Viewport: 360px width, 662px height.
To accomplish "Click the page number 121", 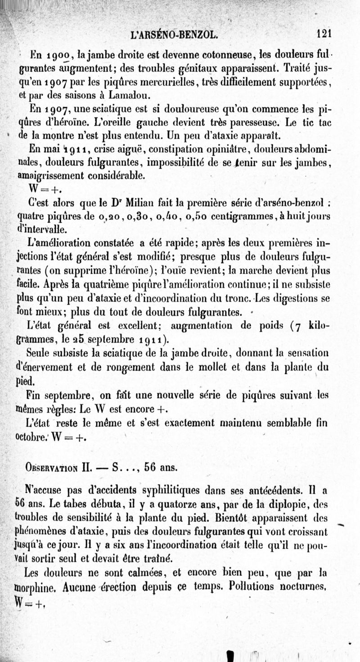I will point(324,33).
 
